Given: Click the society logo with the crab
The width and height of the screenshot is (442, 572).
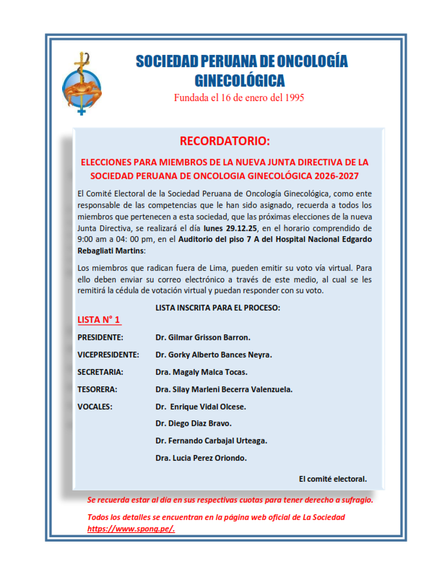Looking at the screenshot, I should click(83, 85).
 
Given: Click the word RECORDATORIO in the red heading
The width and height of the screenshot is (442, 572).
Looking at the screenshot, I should click(225, 140).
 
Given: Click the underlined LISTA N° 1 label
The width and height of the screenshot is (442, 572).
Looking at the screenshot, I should click(99, 319).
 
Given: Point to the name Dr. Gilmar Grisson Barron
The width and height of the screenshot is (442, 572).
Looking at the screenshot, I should click(203, 337).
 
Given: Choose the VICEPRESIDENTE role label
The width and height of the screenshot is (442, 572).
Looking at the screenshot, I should click(108, 355).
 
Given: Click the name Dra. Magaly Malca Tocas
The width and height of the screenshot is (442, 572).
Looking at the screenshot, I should click(201, 372).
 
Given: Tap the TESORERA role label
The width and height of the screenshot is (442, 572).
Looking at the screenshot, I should click(97, 389).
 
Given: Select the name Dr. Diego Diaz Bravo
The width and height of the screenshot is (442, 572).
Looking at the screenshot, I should click(194, 423).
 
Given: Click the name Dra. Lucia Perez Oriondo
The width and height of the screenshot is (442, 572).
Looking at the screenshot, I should click(201, 458).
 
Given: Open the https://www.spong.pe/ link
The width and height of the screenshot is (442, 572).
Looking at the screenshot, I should click(131, 529).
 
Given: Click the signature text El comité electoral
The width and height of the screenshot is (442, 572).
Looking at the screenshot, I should click(332, 478).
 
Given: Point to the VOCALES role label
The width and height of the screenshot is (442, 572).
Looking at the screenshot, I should click(95, 407).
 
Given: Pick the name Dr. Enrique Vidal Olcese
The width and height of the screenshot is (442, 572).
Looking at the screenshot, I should click(201, 407).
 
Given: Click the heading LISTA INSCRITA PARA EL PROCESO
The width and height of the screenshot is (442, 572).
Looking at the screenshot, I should click(218, 308).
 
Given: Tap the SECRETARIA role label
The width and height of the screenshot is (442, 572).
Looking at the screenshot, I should click(100, 372).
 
